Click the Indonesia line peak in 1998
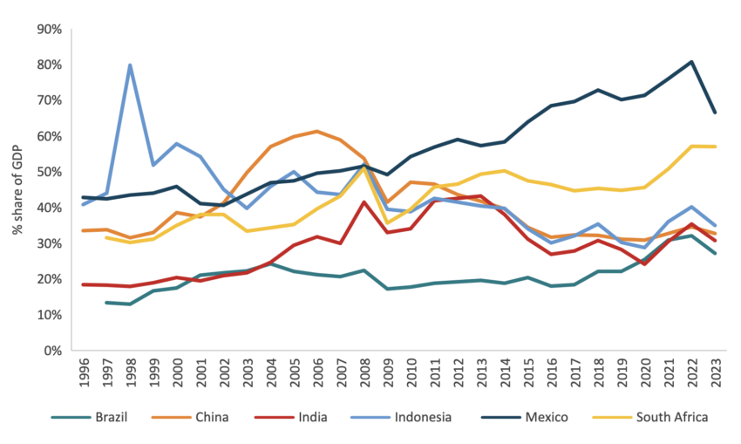pos(130,65)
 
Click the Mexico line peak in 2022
pos(691,62)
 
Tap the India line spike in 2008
pos(364,202)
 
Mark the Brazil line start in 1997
pos(106,302)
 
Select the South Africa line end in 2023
pos(715,147)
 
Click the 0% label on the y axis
pos(52,351)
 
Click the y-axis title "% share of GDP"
pos(17,189)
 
